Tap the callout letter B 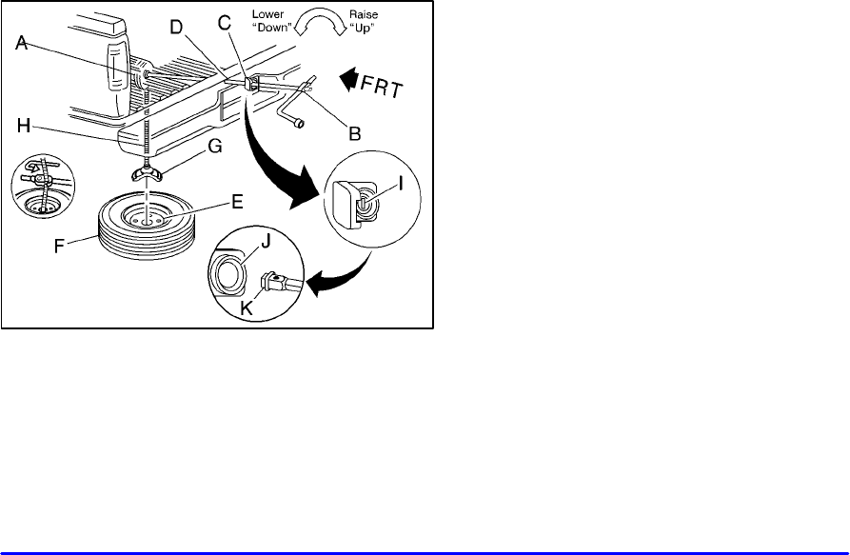click(x=354, y=136)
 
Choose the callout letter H click(x=28, y=125)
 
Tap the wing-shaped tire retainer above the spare click(x=149, y=172)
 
